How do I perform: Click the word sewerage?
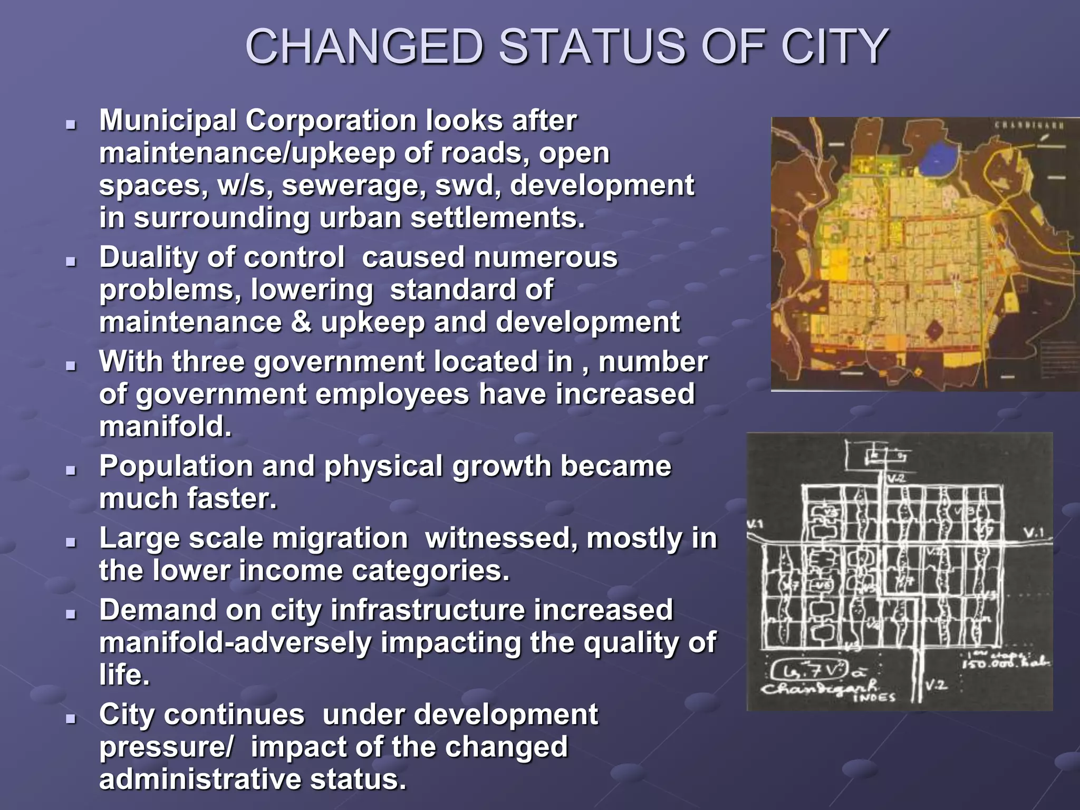(x=354, y=186)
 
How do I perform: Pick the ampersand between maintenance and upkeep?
(x=301, y=322)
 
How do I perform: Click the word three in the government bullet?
(x=208, y=362)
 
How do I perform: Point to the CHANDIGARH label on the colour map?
(x=1028, y=126)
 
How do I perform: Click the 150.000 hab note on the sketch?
(x=1005, y=663)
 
